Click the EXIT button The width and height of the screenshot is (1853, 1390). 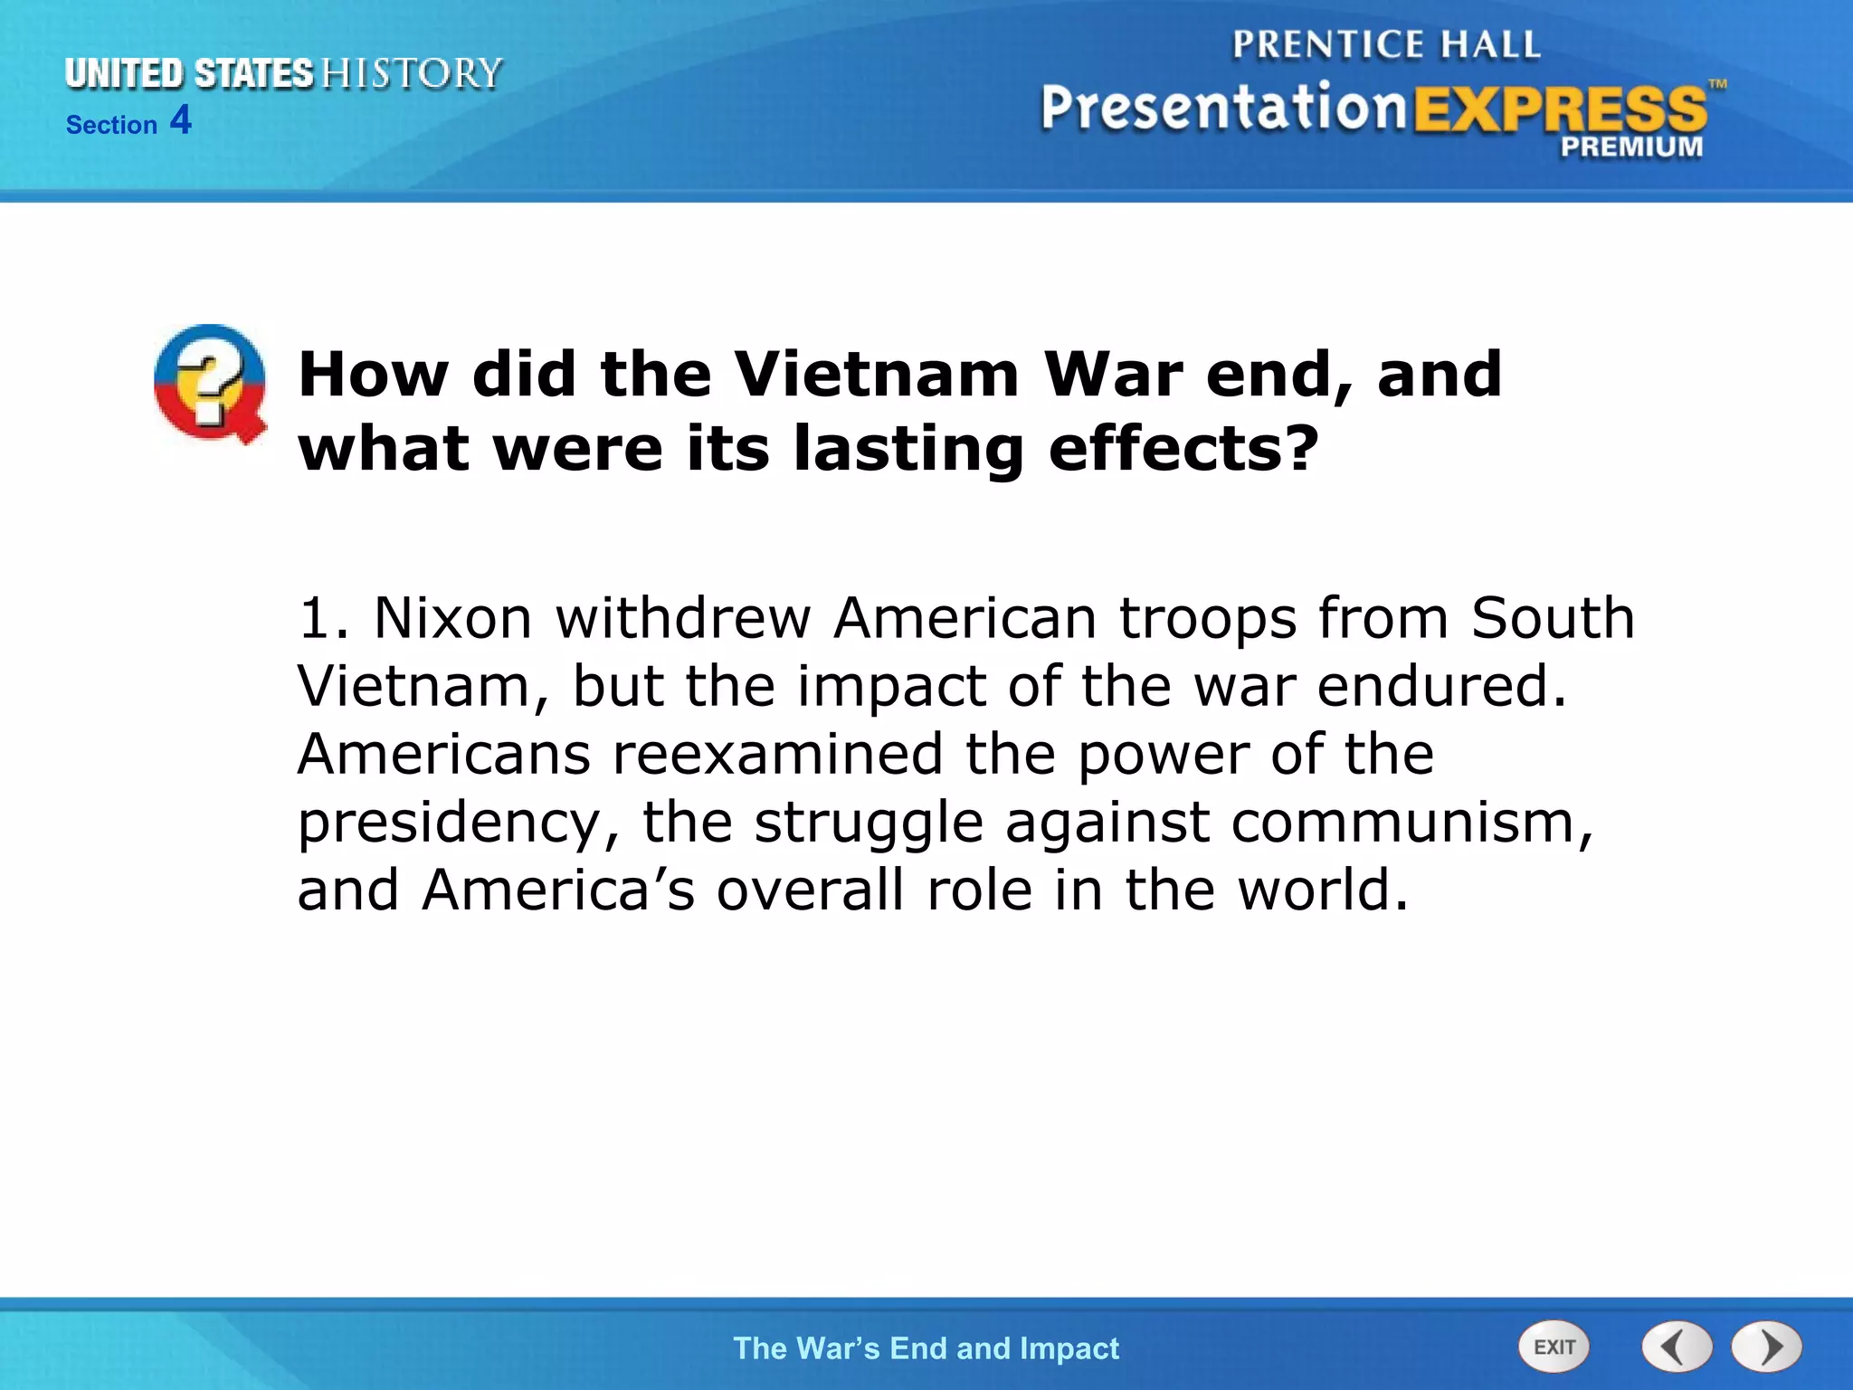pyautogui.click(x=1554, y=1347)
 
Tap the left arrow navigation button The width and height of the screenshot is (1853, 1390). pyautogui.click(x=1677, y=1347)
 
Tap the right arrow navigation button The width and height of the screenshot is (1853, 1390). pyautogui.click(x=1767, y=1347)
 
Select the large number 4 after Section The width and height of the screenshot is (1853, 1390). pyautogui.click(x=181, y=120)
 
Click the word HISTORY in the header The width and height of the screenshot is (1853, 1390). pyautogui.click(x=412, y=73)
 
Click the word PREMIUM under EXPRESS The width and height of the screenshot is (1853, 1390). pyautogui.click(x=1630, y=148)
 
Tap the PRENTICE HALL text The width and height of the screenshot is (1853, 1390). pyautogui.click(x=1385, y=44)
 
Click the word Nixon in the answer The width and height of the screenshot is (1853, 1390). pyautogui.click(x=452, y=618)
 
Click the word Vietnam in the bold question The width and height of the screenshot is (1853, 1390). pyautogui.click(x=876, y=374)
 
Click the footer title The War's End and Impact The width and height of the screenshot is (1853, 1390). pyautogui.click(x=926, y=1348)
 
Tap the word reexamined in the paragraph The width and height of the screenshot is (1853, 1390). pyautogui.click(x=777, y=755)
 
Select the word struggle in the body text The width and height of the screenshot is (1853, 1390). pyautogui.click(x=869, y=824)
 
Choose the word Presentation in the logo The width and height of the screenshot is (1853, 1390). pyautogui.click(x=1223, y=109)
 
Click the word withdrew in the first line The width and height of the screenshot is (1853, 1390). pyautogui.click(x=682, y=618)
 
